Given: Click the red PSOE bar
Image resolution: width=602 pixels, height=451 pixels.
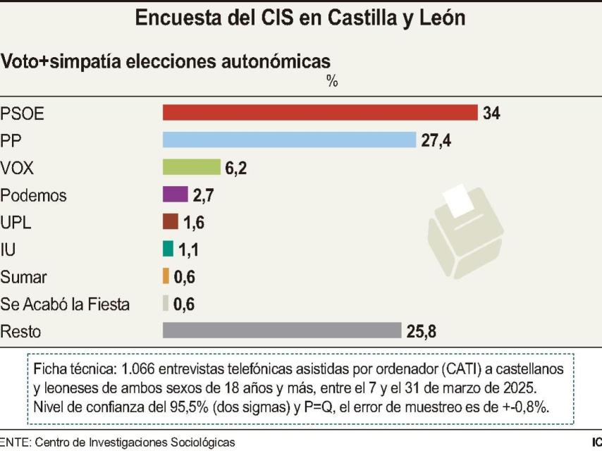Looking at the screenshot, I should click(x=320, y=113).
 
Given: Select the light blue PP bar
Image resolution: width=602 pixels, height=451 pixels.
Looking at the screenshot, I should click(x=289, y=140).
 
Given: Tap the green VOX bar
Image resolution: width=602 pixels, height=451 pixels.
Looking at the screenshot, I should click(x=191, y=168).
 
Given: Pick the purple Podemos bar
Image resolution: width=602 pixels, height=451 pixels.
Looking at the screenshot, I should click(x=175, y=194).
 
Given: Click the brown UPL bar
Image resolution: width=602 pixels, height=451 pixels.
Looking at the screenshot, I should click(x=171, y=222).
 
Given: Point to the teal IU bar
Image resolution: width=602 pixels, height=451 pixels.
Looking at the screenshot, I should click(x=168, y=249).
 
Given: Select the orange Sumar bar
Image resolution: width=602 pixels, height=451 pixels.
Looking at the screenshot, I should click(x=166, y=276).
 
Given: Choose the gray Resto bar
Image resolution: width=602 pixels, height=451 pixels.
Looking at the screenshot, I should click(x=281, y=330).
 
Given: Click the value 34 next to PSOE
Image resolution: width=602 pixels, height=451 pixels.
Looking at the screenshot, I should click(x=491, y=113).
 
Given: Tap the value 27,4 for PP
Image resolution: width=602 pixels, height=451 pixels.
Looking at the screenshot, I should click(x=436, y=140).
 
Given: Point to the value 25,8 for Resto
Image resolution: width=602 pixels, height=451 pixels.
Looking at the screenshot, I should click(x=420, y=330).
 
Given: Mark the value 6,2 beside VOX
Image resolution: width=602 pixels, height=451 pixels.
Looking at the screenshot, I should click(x=235, y=168).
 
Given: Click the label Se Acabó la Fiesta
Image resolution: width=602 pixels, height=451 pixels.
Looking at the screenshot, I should click(x=65, y=304).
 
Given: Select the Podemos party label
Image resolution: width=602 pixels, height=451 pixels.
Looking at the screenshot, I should click(x=34, y=195).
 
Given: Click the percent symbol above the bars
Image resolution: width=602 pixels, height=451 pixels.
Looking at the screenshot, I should click(x=332, y=82).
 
